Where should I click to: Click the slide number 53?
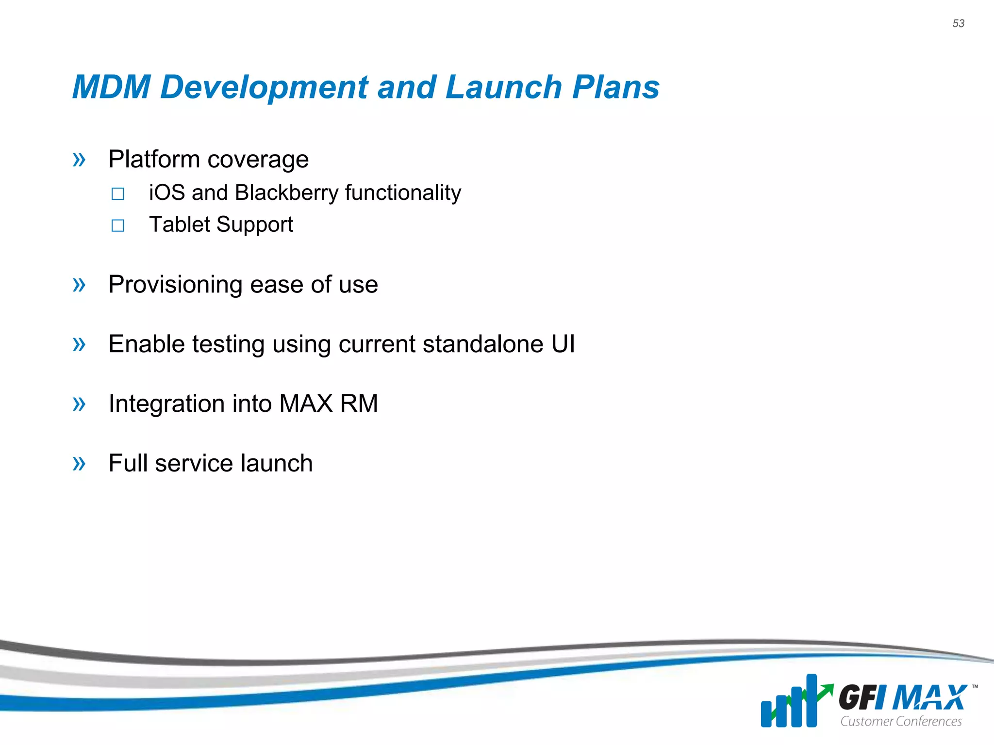[958, 24]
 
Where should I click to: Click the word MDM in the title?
[112, 87]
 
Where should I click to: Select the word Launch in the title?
[503, 87]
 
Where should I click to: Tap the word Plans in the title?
[616, 87]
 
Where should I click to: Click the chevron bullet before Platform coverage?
[79, 160]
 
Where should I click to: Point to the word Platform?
[154, 160]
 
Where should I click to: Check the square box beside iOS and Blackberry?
[117, 194]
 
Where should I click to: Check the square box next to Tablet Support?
[117, 226]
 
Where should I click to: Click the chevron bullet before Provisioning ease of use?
[79, 285]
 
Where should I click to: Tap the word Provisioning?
[175, 285]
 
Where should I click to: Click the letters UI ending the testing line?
[563, 344]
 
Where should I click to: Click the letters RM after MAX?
[359, 404]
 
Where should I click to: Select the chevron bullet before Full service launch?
[79, 464]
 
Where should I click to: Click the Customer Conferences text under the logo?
[901, 722]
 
